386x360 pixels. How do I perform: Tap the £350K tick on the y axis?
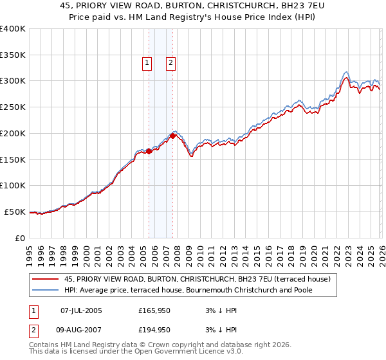pyautogui.click(x=13, y=55)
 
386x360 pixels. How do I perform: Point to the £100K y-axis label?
pyautogui.click(x=13, y=186)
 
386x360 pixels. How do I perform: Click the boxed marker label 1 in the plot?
pyautogui.click(x=148, y=63)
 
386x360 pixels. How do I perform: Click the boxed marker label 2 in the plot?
pyautogui.click(x=171, y=63)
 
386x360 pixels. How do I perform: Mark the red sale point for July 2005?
pyautogui.click(x=149, y=152)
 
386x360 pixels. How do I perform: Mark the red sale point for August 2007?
pyautogui.click(x=172, y=136)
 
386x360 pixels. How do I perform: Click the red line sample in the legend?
pyautogui.click(x=46, y=279)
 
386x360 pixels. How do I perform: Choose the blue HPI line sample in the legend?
pyautogui.click(x=46, y=290)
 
